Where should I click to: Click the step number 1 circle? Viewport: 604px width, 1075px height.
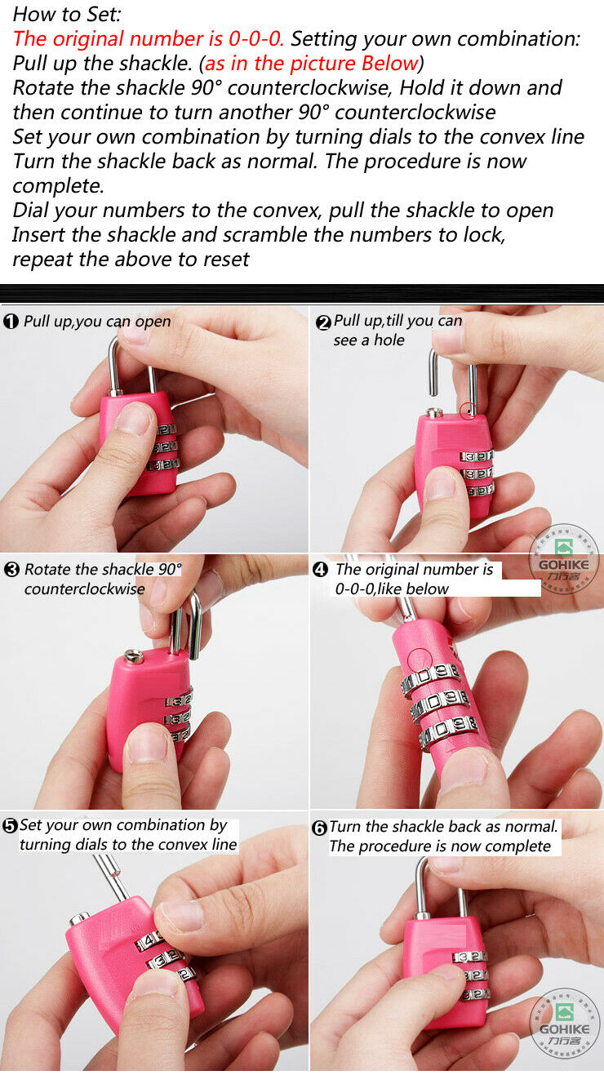[11, 322]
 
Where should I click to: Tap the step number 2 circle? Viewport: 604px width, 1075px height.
[323, 322]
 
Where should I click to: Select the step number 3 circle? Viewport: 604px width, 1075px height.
[11, 570]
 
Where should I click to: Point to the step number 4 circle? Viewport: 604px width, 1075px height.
[320, 570]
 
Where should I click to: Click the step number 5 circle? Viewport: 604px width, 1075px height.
[10, 826]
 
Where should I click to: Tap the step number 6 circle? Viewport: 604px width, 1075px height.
[319, 828]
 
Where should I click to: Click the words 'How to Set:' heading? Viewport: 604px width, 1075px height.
[67, 15]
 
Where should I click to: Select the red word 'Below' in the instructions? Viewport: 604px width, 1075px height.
[390, 64]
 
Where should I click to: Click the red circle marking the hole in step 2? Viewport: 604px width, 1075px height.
[469, 411]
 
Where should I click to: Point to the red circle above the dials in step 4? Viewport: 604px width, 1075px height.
[420, 660]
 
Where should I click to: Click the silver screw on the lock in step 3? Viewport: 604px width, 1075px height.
[134, 656]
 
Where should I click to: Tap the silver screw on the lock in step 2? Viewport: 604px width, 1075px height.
[435, 412]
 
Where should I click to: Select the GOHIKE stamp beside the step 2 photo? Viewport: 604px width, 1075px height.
[564, 558]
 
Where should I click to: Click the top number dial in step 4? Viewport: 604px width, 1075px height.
[431, 676]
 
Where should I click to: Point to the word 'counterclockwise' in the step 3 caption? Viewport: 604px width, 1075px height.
[84, 589]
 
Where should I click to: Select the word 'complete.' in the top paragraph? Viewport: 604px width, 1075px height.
[58, 186]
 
